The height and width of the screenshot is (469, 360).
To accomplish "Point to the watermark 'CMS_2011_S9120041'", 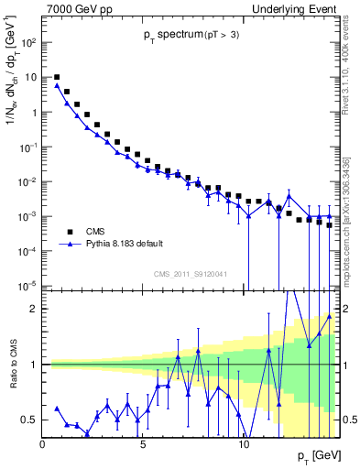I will click(x=191, y=273).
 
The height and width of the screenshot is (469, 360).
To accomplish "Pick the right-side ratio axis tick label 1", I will click(x=346, y=365).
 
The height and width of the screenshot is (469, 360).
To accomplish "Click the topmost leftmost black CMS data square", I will click(x=58, y=78).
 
